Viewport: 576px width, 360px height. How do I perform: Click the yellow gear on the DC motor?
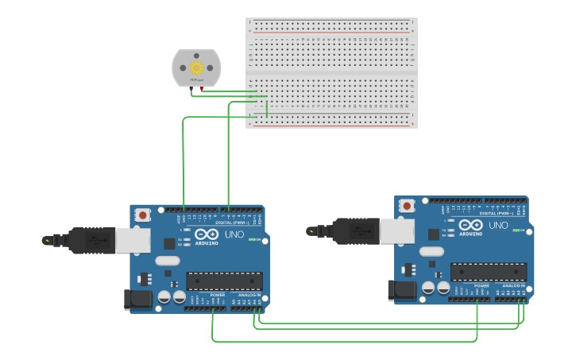[196, 68]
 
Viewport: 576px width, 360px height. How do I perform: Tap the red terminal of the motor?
[201, 89]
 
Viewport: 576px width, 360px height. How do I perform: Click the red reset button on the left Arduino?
[143, 215]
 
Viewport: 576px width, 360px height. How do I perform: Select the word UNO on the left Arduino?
[234, 234]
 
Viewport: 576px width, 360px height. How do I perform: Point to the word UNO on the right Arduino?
[498, 225]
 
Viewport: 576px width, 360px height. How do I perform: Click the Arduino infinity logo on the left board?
[207, 234]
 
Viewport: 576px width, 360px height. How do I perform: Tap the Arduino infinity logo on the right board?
[470, 225]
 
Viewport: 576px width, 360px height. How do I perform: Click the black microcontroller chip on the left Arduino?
[224, 281]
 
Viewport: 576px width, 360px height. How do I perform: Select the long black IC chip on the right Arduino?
[488, 272]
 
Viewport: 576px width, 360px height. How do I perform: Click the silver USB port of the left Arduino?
[133, 241]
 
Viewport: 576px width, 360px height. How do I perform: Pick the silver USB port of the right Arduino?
[396, 231]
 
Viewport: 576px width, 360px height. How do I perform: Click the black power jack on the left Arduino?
[137, 300]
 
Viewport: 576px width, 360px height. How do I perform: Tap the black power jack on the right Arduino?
[402, 291]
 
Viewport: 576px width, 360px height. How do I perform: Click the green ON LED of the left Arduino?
[252, 239]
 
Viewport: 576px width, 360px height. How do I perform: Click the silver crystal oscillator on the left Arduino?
[168, 261]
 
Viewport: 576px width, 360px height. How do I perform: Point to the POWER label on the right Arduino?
[481, 285]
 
